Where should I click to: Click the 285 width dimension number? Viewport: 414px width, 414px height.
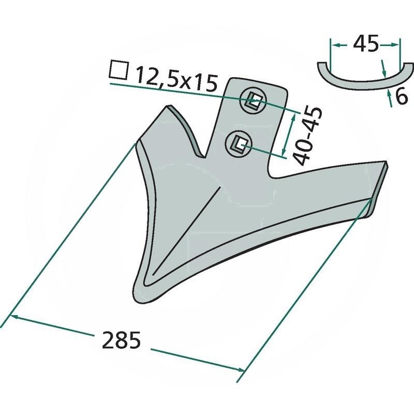click(x=121, y=341)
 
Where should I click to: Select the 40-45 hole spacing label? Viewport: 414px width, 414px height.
click(x=308, y=136)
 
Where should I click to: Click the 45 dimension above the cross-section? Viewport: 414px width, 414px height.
click(x=366, y=43)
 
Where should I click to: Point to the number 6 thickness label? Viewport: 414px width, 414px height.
click(x=402, y=97)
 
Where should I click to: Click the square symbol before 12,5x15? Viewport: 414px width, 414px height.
click(x=119, y=70)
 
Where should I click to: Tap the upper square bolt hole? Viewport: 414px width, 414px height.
click(x=254, y=101)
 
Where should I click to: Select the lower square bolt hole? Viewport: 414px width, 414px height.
click(x=239, y=144)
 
